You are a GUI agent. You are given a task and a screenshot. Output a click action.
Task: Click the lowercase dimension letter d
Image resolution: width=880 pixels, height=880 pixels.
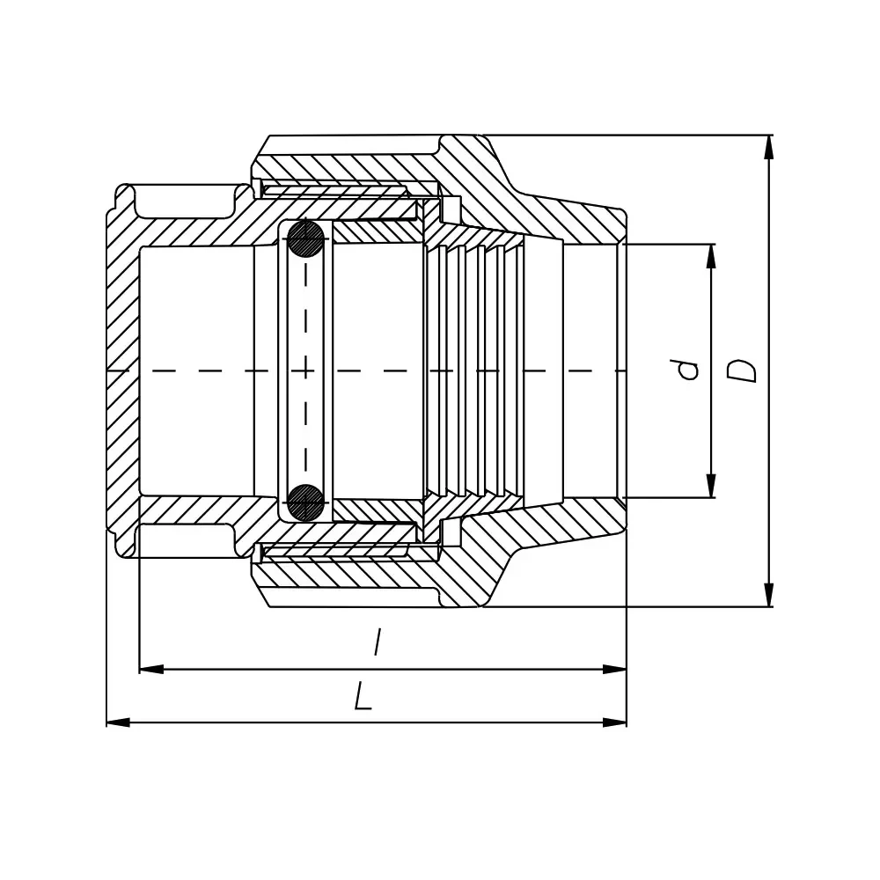tap(687, 370)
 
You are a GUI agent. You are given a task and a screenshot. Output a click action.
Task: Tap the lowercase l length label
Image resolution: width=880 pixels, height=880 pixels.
tap(378, 642)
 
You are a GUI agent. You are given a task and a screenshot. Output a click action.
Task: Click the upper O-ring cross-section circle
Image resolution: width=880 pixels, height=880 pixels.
tap(306, 239)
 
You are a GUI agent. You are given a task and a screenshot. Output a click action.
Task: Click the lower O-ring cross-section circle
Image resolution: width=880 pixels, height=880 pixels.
tap(306, 502)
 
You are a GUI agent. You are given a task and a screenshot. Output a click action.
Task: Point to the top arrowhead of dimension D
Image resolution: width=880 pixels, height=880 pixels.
tap(769, 147)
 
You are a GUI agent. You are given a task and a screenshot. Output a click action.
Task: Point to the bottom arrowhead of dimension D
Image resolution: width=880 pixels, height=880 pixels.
tap(769, 595)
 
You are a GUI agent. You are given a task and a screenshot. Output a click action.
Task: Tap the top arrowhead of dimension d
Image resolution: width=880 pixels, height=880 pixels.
tap(711, 256)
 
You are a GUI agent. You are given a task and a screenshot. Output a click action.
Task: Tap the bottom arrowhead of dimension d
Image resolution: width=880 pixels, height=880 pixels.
tap(711, 486)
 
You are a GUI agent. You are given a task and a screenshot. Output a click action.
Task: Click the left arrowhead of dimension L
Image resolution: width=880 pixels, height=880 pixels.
tap(119, 722)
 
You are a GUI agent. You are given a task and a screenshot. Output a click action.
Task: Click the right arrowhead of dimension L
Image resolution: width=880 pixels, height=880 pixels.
tap(614, 722)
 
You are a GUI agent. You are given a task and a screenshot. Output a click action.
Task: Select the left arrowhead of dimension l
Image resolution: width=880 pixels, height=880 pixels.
tap(151, 669)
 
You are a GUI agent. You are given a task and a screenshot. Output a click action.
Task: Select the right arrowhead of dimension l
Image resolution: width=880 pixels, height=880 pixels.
tap(614, 669)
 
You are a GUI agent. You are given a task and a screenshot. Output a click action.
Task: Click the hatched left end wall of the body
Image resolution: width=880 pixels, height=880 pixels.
tap(123, 370)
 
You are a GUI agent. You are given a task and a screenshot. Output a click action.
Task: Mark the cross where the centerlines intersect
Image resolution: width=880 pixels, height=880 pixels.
tap(306, 370)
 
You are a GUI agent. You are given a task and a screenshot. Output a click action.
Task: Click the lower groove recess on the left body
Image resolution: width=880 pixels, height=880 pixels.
tap(184, 540)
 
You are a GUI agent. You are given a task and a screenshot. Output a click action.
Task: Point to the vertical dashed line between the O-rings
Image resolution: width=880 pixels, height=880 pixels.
tap(306, 370)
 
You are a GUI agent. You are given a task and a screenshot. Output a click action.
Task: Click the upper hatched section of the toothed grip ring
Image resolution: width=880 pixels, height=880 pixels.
tap(474, 236)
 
